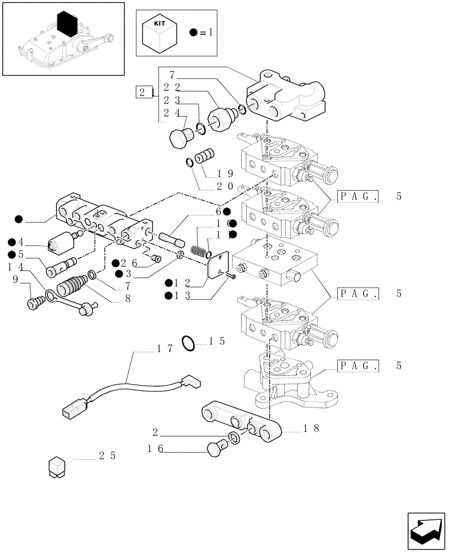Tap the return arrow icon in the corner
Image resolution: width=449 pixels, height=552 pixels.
tap(425, 531)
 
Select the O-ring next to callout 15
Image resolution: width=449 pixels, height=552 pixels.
tap(189, 343)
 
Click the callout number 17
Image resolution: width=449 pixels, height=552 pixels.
tap(165, 348)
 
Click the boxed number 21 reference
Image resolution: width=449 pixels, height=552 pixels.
tap(144, 92)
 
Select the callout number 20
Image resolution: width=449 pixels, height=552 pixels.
tap(225, 186)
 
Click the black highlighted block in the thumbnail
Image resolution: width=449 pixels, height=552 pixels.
tap(70, 23)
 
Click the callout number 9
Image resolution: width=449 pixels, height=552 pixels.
tap(15, 279)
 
